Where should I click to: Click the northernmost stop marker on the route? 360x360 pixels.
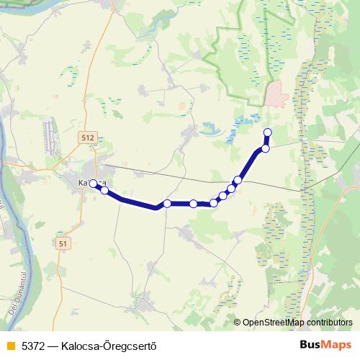[268, 132]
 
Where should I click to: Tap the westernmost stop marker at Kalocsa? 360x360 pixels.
[93, 184]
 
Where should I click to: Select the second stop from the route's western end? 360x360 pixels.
[104, 190]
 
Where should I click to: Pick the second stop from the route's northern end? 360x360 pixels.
[265, 148]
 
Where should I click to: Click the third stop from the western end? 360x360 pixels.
[167, 204]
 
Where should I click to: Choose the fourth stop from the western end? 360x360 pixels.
[194, 204]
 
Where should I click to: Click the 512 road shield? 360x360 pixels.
[88, 138]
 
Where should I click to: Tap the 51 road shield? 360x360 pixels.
[64, 244]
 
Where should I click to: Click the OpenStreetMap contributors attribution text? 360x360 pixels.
[297, 323]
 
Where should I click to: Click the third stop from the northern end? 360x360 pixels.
[238, 179]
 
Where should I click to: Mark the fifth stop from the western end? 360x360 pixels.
[213, 203]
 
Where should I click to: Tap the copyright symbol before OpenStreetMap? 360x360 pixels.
[237, 323]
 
